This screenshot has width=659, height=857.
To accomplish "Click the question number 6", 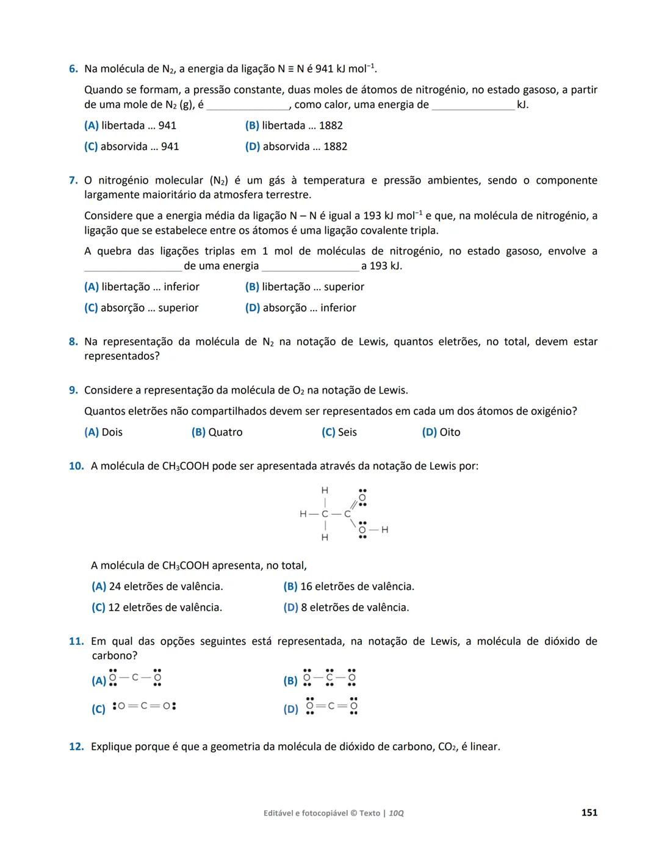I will [x=73, y=69].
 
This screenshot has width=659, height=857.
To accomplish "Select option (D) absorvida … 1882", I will [x=296, y=146].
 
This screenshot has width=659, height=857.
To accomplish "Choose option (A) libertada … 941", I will [x=130, y=126].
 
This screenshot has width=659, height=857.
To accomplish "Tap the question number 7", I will [x=73, y=181].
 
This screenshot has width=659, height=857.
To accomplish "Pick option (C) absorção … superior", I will [x=141, y=308].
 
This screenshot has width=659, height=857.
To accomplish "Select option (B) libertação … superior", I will [x=304, y=287].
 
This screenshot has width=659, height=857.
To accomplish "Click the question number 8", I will [x=73, y=342].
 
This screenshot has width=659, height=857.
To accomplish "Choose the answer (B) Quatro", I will [x=217, y=432].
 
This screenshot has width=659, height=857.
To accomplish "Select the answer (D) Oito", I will [x=441, y=432].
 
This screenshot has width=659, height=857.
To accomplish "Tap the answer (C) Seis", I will [x=339, y=432].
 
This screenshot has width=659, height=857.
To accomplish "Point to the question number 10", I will [x=76, y=466].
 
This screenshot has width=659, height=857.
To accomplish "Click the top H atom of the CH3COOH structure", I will [x=325, y=490].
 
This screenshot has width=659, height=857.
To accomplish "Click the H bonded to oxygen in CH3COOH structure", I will [x=384, y=530].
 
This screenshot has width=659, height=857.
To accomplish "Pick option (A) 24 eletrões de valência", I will [x=157, y=587].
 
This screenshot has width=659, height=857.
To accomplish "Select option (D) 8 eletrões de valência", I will [x=346, y=608].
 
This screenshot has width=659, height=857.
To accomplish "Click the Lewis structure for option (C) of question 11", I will [x=145, y=706].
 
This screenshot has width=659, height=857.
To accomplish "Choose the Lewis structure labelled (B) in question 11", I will [x=329, y=678].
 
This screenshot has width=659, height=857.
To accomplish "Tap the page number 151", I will [x=589, y=812].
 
